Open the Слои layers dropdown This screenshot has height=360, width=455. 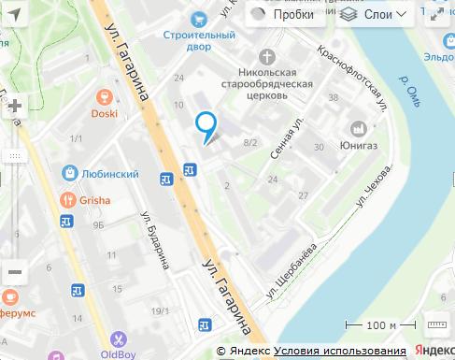tap(374, 15)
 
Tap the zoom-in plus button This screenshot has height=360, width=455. tap(14, 106)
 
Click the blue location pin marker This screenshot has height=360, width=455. tap(206, 125)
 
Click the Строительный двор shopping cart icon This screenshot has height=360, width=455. tap(197, 19)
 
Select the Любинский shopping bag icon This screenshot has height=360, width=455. tap(71, 173)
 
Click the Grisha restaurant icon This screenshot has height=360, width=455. tap(68, 199)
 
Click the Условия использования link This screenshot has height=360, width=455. tap(340, 352)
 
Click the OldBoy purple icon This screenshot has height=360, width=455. tap(119, 339)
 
